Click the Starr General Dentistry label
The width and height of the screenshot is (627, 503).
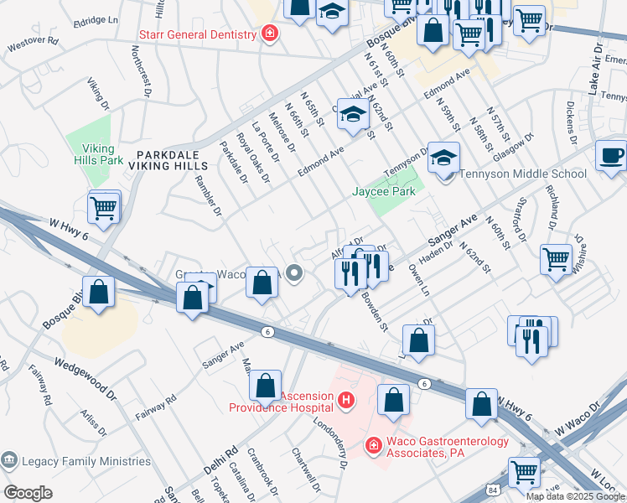pyautogui.click(x=197, y=34)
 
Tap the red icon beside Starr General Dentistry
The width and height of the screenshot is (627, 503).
pyautogui.click(x=270, y=34)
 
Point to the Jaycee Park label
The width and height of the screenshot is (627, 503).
pyautogui.click(x=383, y=192)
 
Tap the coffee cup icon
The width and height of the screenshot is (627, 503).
pyautogui.click(x=610, y=156)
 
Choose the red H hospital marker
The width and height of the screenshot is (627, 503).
pyautogui.click(x=345, y=402)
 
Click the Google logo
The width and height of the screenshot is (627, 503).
pyautogui.click(x=28, y=492)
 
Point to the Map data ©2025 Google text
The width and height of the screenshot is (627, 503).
pyautogui.click(x=575, y=496)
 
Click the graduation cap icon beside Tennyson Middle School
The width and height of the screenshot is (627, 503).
pyautogui.click(x=444, y=156)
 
